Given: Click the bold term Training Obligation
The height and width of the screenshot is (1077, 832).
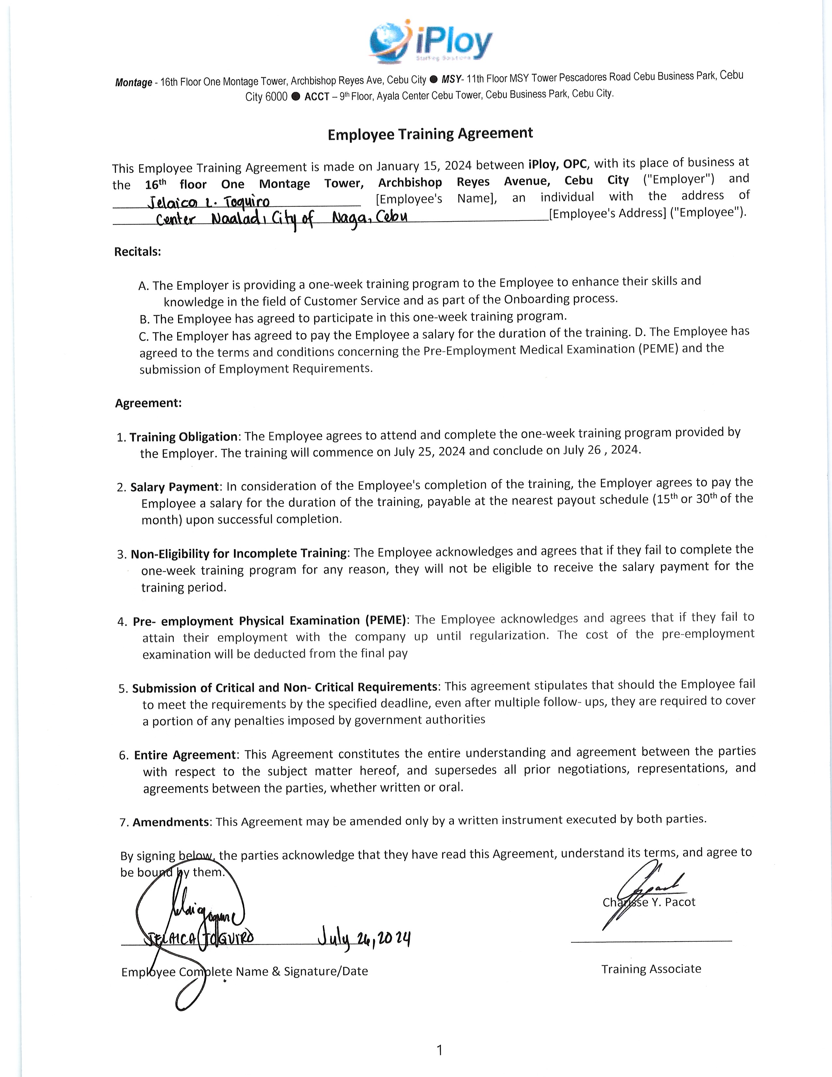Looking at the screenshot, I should tap(184, 437).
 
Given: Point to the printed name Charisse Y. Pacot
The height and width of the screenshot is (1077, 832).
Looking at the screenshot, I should tap(649, 902).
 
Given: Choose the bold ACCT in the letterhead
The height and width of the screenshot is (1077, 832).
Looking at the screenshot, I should tap(316, 97).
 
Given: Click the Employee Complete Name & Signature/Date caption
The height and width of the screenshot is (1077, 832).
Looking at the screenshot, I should tap(244, 972).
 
